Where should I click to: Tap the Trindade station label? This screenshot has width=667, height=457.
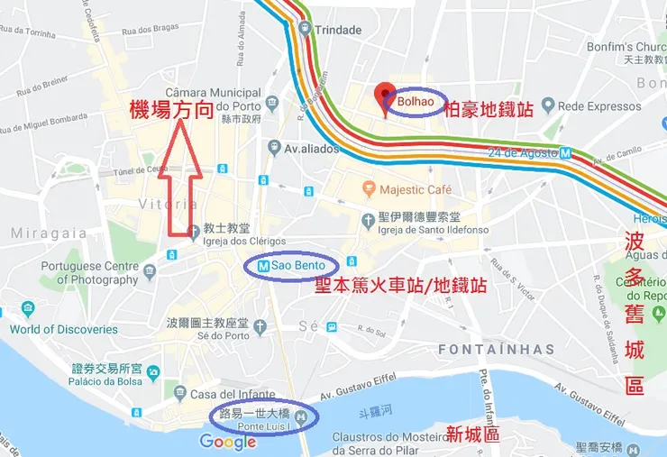point(339,30)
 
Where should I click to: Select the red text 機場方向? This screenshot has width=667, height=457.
point(171,111)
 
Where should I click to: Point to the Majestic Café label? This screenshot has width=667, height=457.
point(416,190)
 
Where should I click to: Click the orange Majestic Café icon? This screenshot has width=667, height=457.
point(368,189)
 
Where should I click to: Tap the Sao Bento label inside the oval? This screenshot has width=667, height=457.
point(297,266)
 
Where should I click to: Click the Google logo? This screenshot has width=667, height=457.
point(228,442)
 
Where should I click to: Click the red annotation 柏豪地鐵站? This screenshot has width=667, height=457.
point(490,109)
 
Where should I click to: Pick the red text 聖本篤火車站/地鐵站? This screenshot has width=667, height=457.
point(400,286)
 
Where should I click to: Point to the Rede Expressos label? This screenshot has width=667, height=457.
point(598,106)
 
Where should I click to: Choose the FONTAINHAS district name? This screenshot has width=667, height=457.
point(497,349)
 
